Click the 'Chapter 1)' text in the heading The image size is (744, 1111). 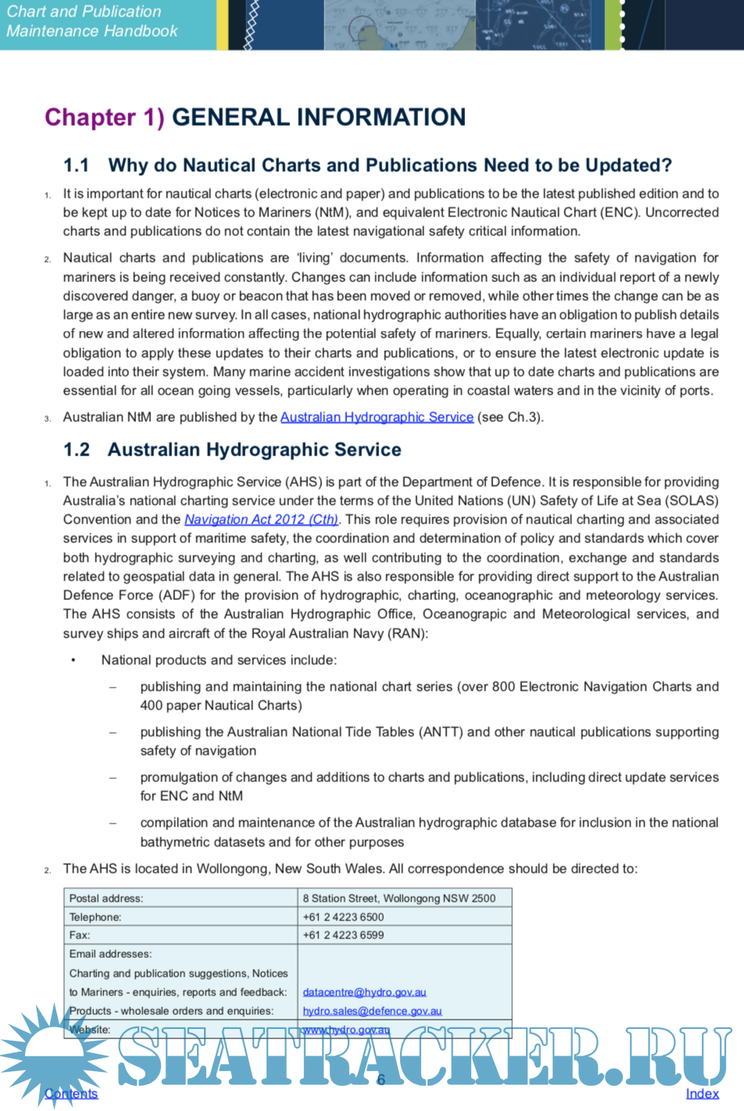[105, 117]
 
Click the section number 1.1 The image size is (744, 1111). [76, 166]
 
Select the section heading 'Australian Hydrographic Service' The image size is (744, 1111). [254, 450]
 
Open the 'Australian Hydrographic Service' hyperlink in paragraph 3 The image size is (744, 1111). [377, 417]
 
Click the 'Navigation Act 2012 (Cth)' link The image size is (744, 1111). [261, 520]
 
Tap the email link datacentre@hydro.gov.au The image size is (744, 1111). [364, 992]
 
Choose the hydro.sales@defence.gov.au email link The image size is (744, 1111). [372, 1011]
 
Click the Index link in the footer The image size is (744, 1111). [702, 1094]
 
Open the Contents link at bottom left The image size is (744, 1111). [71, 1094]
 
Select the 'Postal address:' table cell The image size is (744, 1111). [106, 898]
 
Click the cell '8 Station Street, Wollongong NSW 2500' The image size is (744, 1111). [399, 898]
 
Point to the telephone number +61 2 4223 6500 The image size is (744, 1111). [343, 917]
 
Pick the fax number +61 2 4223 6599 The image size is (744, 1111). [343, 935]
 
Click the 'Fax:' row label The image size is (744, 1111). [80, 935]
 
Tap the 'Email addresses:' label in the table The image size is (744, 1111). [110, 954]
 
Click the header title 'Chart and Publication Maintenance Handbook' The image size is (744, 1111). [91, 21]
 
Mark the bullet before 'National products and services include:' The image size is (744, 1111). [73, 660]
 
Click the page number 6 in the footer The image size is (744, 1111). [381, 1080]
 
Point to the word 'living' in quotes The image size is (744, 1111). [315, 258]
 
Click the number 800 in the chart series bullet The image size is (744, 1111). [503, 687]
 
